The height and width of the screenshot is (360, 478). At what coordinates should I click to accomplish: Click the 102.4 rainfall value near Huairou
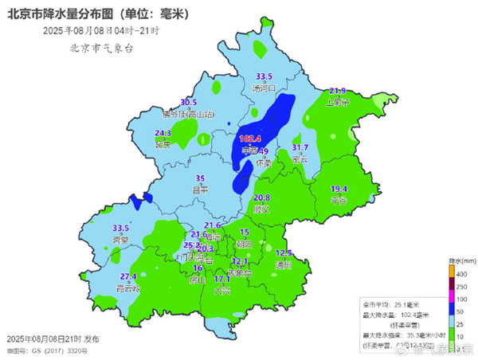250,139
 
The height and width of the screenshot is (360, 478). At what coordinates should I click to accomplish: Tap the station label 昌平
201,190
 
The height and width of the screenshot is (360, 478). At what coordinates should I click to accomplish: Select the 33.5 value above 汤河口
263,76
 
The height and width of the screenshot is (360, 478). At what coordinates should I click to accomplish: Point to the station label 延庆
163,145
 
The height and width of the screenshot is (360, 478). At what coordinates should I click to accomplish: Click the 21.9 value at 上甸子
338,91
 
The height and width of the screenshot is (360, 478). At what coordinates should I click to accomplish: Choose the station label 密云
300,158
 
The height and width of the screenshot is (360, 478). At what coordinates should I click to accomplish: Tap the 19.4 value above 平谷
339,189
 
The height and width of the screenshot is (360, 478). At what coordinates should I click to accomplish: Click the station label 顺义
261,209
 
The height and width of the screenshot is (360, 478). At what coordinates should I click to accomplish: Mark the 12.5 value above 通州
284,252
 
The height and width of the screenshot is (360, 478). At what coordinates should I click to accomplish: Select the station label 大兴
222,291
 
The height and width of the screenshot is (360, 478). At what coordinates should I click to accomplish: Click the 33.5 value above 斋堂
120,228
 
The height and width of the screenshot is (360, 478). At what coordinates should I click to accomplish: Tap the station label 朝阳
245,243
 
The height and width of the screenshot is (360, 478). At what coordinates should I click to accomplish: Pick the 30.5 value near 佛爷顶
189,103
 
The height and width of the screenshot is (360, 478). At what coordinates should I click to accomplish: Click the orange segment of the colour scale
452,273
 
